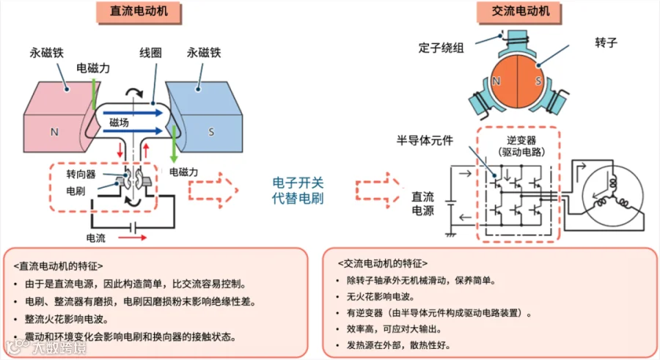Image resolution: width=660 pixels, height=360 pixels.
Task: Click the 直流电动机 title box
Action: [139, 12]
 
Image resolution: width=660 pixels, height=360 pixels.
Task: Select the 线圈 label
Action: [150, 54]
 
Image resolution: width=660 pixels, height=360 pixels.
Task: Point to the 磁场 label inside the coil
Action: [120, 122]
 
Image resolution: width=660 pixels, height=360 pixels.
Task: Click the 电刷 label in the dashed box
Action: [75, 190]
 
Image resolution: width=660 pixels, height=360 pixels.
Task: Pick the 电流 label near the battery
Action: [96, 238]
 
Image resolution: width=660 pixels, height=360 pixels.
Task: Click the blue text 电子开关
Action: [297, 182]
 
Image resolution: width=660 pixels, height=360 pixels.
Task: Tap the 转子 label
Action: [606, 43]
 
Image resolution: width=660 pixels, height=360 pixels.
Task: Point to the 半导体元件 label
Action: [425, 139]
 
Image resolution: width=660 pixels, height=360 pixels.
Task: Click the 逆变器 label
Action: [521, 139]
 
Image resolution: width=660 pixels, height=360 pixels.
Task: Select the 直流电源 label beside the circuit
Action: [423, 204]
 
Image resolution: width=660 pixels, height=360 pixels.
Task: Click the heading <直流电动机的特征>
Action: [59, 265]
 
